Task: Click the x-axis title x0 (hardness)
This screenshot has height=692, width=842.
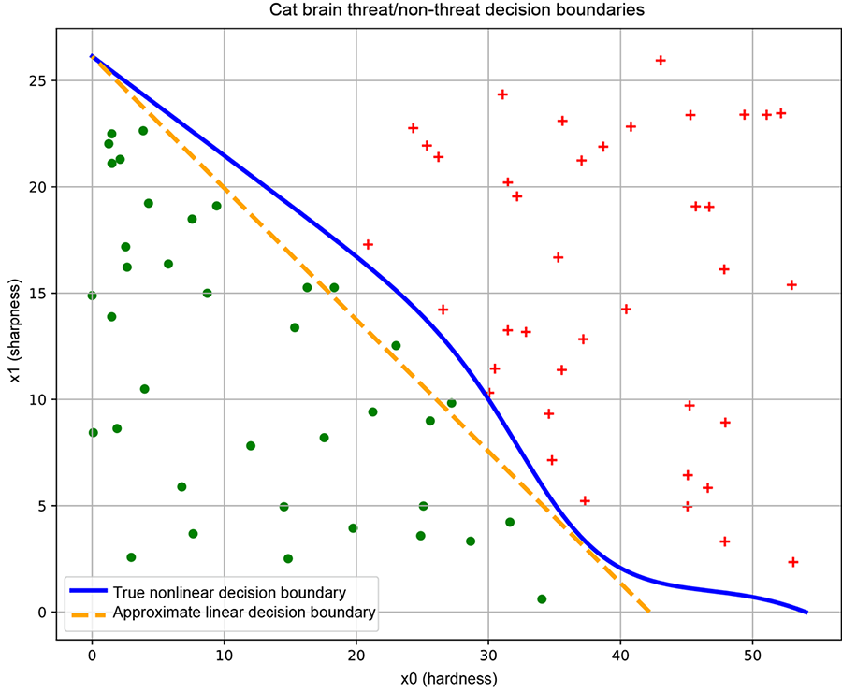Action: click(448, 678)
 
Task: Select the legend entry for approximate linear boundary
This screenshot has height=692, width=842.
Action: click(243, 613)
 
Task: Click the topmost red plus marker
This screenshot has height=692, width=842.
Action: click(661, 61)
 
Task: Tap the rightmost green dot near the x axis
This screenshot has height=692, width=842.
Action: click(542, 598)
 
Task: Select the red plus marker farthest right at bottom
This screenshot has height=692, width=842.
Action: click(793, 562)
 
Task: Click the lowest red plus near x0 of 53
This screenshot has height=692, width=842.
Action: click(793, 562)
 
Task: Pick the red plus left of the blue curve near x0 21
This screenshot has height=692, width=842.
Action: click(368, 245)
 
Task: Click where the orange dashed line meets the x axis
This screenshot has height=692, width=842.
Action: click(649, 613)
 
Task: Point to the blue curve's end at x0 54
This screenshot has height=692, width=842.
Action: click(806, 613)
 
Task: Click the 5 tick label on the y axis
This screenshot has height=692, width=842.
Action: click(43, 506)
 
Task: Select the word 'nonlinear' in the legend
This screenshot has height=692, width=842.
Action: click(180, 592)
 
